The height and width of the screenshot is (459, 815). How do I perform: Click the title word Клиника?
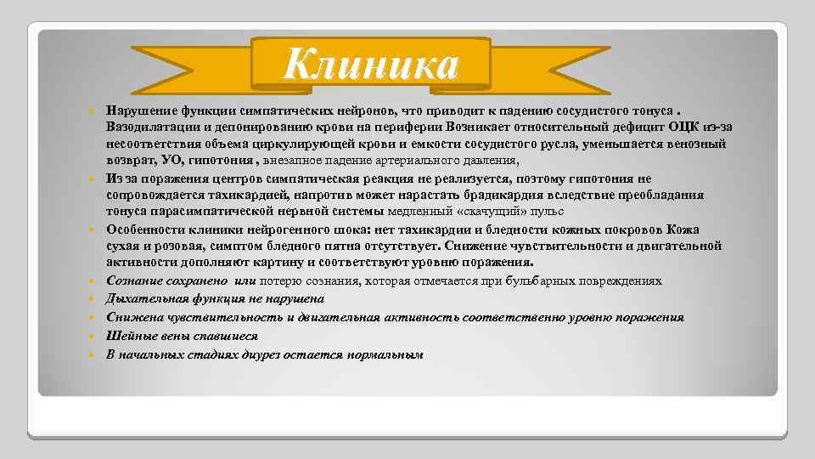click(371, 65)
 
